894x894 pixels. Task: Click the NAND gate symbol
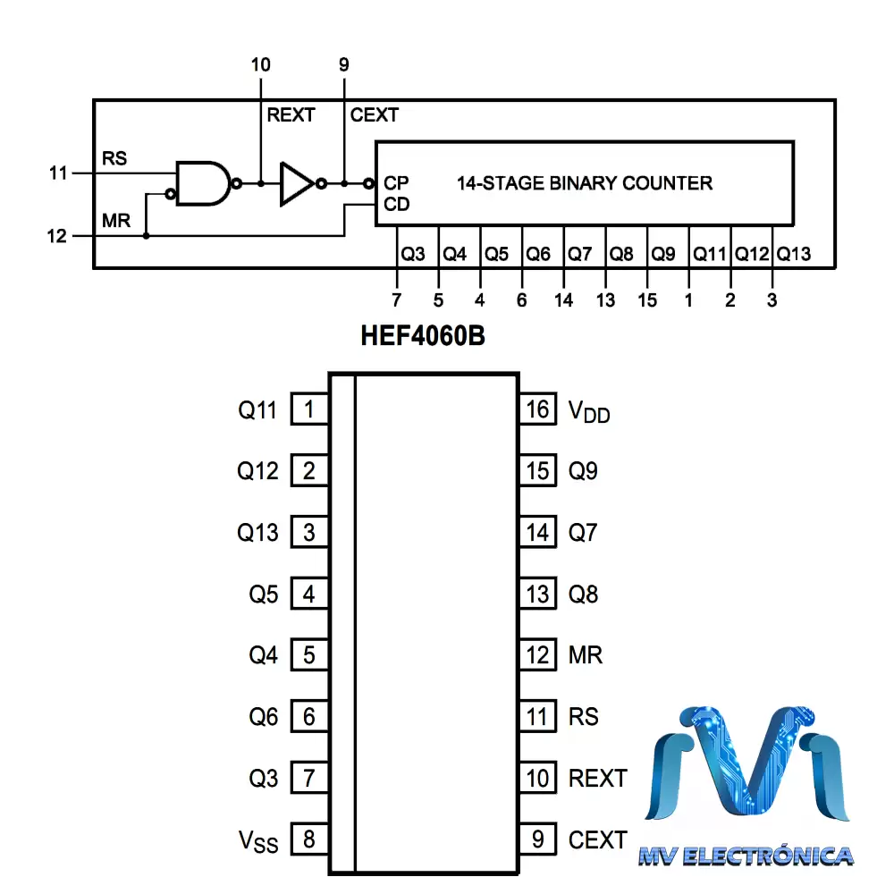point(204,183)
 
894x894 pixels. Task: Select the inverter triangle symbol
point(296,183)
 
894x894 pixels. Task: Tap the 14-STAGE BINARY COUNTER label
point(585,183)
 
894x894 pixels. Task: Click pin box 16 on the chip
point(538,410)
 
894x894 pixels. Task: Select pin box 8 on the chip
point(309,839)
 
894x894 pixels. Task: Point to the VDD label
point(589,411)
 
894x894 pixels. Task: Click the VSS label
point(258,840)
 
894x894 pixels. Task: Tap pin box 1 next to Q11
point(309,410)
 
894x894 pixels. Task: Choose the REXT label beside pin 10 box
point(597,778)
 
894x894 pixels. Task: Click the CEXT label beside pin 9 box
point(597,839)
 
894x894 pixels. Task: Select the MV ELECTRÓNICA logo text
point(746,856)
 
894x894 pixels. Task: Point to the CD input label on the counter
point(396,204)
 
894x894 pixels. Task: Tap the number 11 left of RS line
point(59,173)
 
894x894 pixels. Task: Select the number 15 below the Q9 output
point(647,300)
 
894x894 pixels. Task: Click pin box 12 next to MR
point(538,655)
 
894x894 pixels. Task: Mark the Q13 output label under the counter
point(794,254)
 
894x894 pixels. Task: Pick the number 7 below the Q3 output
point(396,300)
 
